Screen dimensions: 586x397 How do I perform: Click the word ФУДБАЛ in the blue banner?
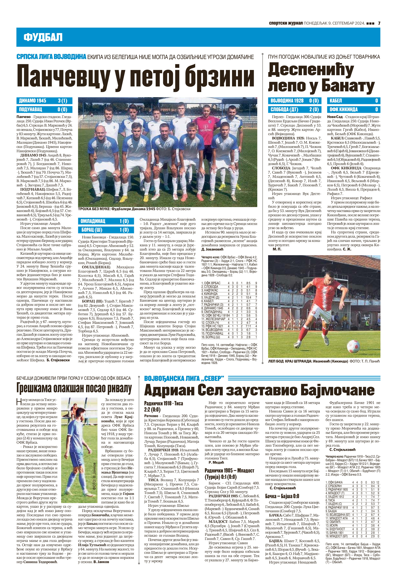(x=43, y=37)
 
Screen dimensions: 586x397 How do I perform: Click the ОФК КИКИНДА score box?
(x=353, y=109)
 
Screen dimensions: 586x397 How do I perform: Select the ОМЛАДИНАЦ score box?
(x=105, y=221)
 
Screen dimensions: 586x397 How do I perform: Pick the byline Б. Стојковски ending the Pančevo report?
(x=58, y=360)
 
